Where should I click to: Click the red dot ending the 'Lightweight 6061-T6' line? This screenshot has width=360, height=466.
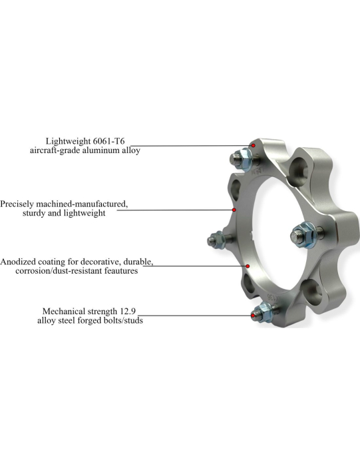click(x=253, y=144)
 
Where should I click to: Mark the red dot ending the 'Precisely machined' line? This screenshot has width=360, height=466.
click(x=234, y=210)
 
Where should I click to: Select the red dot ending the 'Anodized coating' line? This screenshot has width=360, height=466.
click(x=247, y=266)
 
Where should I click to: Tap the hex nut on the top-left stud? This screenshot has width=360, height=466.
click(x=245, y=159)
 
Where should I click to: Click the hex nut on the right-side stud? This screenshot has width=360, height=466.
click(x=299, y=234)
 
